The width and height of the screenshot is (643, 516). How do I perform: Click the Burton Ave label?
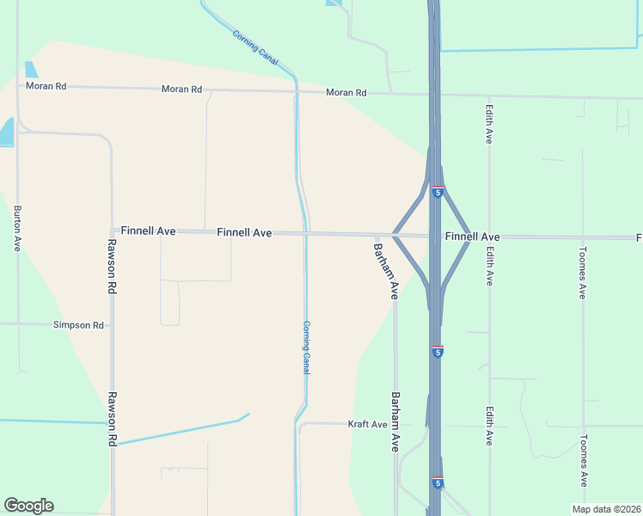click(16, 228)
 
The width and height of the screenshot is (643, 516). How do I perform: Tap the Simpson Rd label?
click(78, 325)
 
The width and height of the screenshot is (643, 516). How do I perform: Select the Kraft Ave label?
click(367, 424)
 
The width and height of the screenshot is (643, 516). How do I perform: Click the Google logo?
click(28, 506)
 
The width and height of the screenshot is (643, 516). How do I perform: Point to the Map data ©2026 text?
click(606, 509)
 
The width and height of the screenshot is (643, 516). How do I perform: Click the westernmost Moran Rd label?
click(46, 86)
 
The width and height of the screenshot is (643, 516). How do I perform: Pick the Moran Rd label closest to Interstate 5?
click(346, 93)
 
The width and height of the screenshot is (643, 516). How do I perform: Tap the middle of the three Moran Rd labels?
click(181, 89)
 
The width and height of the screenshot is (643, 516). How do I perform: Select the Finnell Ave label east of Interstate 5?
click(472, 236)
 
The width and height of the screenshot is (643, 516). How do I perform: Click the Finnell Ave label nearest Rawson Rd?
click(148, 230)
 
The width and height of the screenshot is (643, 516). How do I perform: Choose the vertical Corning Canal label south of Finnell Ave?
click(306, 347)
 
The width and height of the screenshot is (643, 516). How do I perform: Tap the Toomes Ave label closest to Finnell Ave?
click(583, 273)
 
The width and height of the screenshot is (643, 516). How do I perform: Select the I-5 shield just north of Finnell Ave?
click(438, 193)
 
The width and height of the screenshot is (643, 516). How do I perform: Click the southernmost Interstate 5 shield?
click(438, 483)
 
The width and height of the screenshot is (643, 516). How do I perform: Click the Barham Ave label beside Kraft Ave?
click(395, 421)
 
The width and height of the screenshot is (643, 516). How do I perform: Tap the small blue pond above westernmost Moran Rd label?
click(32, 70)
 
